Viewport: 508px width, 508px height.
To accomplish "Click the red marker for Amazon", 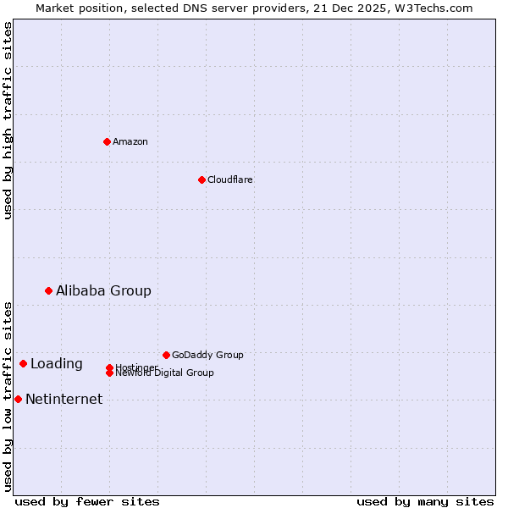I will (x=107, y=141).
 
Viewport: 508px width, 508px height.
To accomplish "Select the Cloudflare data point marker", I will (x=202, y=179).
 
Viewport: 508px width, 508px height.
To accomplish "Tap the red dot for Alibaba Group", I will (x=48, y=290).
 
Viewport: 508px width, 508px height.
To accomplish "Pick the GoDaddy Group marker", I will (x=166, y=355).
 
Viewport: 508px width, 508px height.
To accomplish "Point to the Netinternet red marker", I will (x=18, y=399).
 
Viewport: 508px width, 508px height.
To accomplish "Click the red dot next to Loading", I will (x=23, y=363).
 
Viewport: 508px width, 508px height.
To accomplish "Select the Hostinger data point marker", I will (x=109, y=367).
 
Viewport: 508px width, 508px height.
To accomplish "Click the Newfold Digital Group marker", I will (x=109, y=373).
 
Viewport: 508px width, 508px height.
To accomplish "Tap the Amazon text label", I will (x=130, y=141).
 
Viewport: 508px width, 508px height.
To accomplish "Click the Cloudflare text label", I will (x=230, y=179).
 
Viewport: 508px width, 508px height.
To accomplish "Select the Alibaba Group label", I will (x=103, y=290).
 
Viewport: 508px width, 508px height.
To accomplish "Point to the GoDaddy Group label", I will (x=207, y=355).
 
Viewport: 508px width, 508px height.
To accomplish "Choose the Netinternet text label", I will (x=63, y=399).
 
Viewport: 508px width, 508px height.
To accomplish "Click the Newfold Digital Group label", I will (x=165, y=373).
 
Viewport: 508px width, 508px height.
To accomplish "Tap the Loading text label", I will (x=57, y=363).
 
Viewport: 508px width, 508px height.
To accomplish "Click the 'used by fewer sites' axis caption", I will (x=87, y=501).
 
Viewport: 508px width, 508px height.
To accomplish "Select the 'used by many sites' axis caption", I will (x=425, y=501).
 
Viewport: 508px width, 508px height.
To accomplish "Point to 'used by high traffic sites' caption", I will (x=8, y=120).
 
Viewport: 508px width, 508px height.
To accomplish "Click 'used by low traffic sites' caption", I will (x=8, y=396).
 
